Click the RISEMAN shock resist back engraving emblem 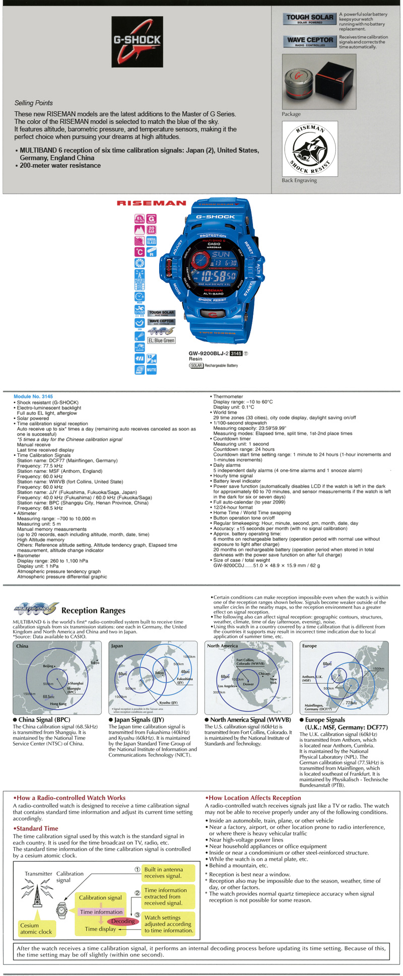point(310,150)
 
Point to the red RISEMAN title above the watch point(152,203)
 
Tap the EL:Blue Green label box point(161,340)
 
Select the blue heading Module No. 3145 point(33,396)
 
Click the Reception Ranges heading point(93,610)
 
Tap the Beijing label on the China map point(48,666)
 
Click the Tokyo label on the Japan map point(160,673)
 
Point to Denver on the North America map point(248,684)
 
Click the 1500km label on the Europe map point(378,669)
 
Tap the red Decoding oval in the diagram point(123,921)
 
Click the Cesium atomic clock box point(36,928)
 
